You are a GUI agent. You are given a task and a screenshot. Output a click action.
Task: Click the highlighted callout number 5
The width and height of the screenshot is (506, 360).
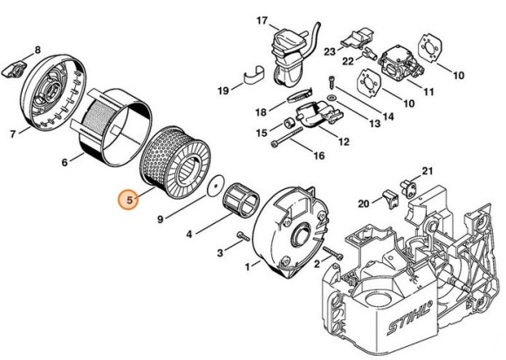130,200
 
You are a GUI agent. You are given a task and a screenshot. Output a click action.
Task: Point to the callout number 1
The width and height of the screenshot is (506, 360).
248,265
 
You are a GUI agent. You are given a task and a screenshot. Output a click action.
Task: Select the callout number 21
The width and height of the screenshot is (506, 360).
427,171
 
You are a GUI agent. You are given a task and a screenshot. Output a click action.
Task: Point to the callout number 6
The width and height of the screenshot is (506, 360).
65,160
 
